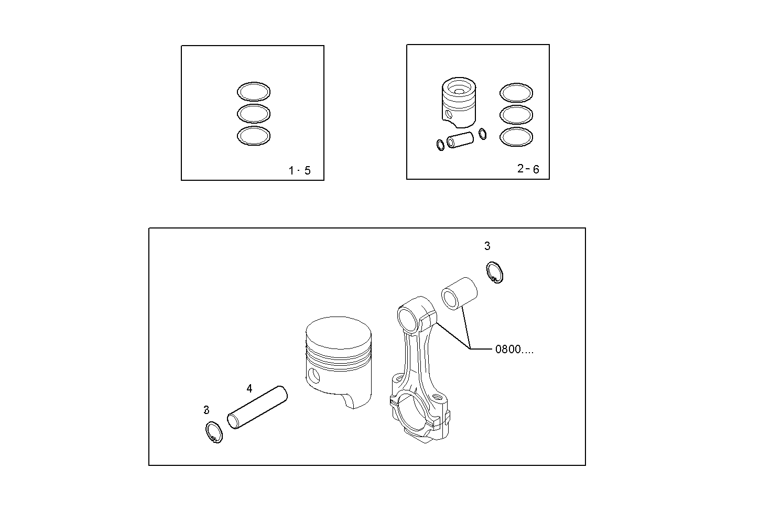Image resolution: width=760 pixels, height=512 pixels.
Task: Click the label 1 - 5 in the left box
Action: click(300, 170)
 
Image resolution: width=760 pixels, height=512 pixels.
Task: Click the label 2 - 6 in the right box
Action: click(528, 169)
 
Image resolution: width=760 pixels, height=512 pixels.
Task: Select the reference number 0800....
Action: click(514, 350)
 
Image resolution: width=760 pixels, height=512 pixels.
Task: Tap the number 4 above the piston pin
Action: click(249, 388)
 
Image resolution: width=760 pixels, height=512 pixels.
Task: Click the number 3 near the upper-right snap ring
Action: click(487, 246)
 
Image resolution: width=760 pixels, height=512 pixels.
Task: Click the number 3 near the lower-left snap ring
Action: click(207, 410)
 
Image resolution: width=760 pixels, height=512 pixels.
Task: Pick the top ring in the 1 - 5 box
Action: click(254, 91)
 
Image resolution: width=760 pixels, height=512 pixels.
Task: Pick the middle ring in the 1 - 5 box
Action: click(254, 113)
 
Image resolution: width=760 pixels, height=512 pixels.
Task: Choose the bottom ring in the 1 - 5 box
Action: click(254, 136)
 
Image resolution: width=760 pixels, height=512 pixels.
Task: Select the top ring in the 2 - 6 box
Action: click(516, 93)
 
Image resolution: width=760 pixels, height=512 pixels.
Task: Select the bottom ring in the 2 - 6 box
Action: click(516, 137)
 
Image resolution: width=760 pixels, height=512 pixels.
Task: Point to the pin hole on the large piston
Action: click(313, 375)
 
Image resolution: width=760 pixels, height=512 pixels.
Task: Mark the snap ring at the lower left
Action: click(213, 432)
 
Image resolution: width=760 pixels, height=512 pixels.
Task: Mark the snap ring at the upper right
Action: click(494, 273)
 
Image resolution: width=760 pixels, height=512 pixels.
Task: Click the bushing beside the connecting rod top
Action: click(459, 293)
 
